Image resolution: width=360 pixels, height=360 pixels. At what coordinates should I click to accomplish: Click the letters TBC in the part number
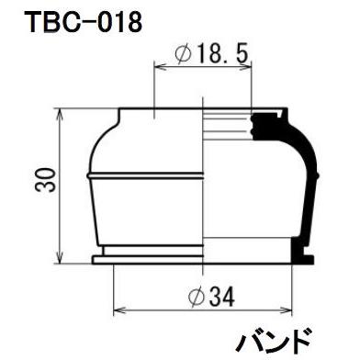pyautogui.click(x=43, y=22)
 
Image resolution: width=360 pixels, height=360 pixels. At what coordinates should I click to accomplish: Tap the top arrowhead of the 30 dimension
pyautogui.click(x=61, y=115)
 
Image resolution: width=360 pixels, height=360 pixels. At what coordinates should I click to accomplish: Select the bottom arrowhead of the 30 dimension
pyautogui.click(x=61, y=260)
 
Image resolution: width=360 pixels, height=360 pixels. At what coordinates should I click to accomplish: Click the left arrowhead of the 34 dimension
pyautogui.click(x=117, y=311)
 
